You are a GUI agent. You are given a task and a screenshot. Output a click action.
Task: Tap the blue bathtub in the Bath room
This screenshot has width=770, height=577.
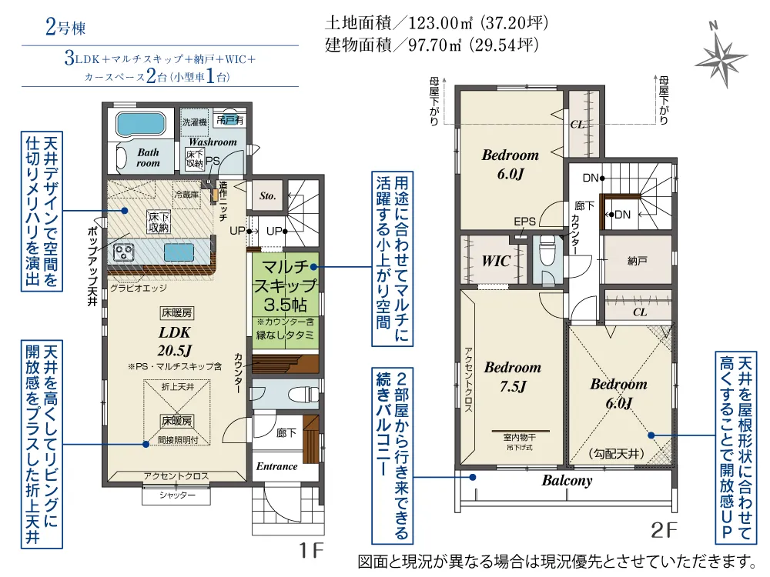point(141,124)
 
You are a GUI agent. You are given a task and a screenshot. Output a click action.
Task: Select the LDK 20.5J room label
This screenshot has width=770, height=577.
point(174,341)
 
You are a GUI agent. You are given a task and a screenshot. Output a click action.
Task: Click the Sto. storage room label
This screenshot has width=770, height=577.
point(268,195)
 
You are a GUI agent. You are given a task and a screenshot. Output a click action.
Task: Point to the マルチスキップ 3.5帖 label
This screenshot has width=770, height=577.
point(285,285)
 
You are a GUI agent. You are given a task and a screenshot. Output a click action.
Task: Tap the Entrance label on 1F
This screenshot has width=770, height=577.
point(277,466)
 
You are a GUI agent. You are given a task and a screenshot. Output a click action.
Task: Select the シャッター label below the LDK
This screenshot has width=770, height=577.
point(177,495)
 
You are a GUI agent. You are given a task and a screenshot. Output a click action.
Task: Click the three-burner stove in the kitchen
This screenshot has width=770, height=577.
point(123,253)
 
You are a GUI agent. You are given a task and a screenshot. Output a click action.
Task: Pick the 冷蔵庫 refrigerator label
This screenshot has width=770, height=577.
point(186,195)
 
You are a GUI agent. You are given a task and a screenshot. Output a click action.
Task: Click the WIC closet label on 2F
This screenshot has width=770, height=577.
point(496,261)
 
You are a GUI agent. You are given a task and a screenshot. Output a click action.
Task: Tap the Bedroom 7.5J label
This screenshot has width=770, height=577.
point(513,376)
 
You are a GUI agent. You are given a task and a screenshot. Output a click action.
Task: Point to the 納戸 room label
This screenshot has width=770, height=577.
point(637,261)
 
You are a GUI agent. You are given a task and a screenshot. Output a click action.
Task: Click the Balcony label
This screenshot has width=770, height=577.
point(567,480)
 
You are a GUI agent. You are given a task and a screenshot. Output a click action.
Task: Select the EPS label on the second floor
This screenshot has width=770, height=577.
point(524,222)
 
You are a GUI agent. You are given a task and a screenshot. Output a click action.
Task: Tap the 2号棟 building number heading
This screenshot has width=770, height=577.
point(65,27)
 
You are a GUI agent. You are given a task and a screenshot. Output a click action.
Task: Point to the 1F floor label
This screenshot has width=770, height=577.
point(311,551)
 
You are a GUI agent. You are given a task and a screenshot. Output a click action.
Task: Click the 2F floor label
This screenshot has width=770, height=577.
point(664,530)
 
